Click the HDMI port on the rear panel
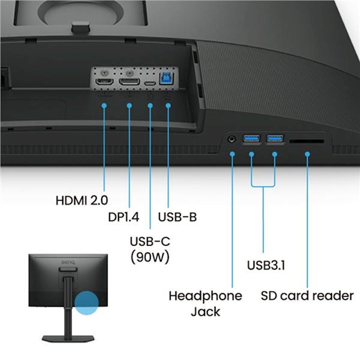point(104,82)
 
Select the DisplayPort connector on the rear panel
point(129,82)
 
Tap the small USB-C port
point(150,83)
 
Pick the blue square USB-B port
point(166,78)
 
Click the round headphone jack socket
point(232,139)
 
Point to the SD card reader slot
point(307,141)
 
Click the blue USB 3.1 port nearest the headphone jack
point(251,138)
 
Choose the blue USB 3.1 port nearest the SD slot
point(275,138)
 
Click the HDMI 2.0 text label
point(82,200)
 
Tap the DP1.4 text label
point(123,217)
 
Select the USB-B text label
point(177,217)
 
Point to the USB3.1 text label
point(266,265)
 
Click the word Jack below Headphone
point(205,311)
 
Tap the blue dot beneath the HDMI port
point(104,105)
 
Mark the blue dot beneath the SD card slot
point(307,154)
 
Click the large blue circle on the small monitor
point(86,303)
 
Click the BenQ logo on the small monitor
point(68,262)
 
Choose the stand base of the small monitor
point(68,339)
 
